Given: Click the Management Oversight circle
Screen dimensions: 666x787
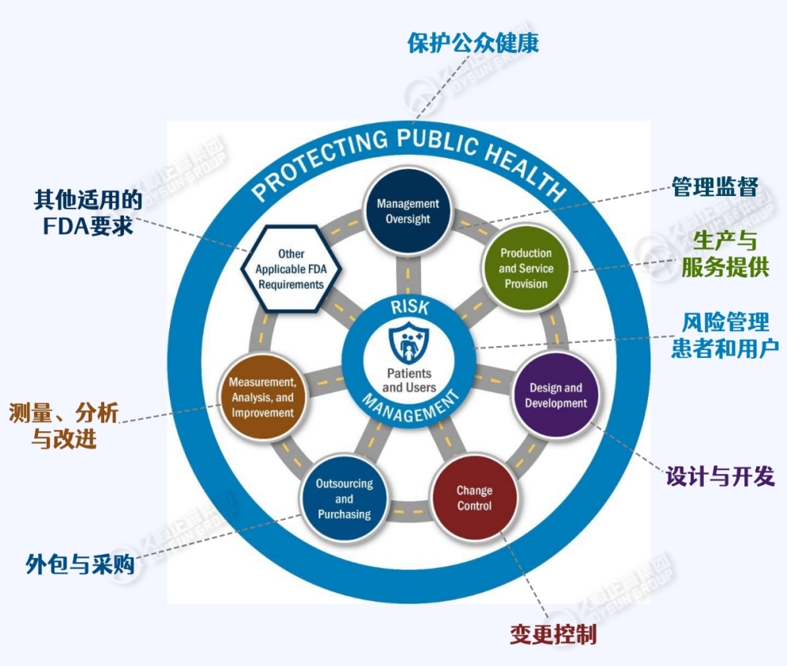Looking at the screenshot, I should [x=408, y=211].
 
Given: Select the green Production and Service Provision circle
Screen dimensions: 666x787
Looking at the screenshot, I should [x=525, y=269].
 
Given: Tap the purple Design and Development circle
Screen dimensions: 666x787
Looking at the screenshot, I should [x=557, y=395].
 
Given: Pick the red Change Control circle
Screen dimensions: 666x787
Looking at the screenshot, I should [x=474, y=498].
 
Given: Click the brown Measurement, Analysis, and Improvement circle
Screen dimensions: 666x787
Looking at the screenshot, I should [x=262, y=397].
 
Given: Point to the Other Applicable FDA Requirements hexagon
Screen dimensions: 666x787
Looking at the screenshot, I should [x=290, y=269].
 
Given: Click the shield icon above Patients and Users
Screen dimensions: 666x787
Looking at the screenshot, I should [x=408, y=341].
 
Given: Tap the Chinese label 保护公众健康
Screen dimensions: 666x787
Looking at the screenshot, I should [x=473, y=43].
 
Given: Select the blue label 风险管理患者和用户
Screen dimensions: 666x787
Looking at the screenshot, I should [x=725, y=335].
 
